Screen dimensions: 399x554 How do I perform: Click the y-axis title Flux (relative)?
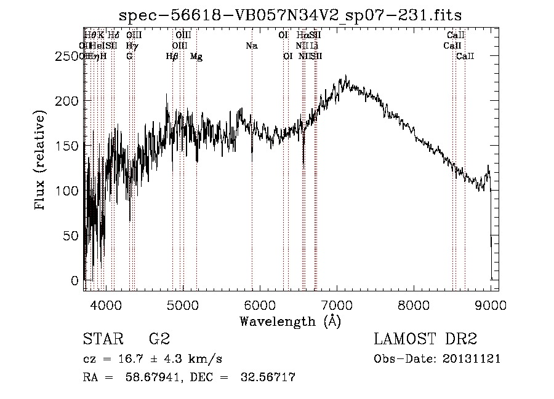coord(41,161)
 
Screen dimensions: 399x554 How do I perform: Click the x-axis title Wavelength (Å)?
coord(290,321)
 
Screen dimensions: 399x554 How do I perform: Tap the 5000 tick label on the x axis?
coord(183,304)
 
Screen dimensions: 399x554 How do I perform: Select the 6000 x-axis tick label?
coord(260,304)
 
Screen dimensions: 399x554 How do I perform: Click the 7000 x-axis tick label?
coord(337,304)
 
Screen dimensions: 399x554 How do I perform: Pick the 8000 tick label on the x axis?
coord(414,304)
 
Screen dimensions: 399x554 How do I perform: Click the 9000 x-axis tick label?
coord(491,304)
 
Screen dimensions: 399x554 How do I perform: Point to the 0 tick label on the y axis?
coord(76,280)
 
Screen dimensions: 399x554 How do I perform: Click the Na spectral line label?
coord(251,45)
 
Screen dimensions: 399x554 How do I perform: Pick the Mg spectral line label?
coord(196,57)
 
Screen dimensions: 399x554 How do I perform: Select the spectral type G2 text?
coord(159,339)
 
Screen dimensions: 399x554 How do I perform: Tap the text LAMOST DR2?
coord(425,339)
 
